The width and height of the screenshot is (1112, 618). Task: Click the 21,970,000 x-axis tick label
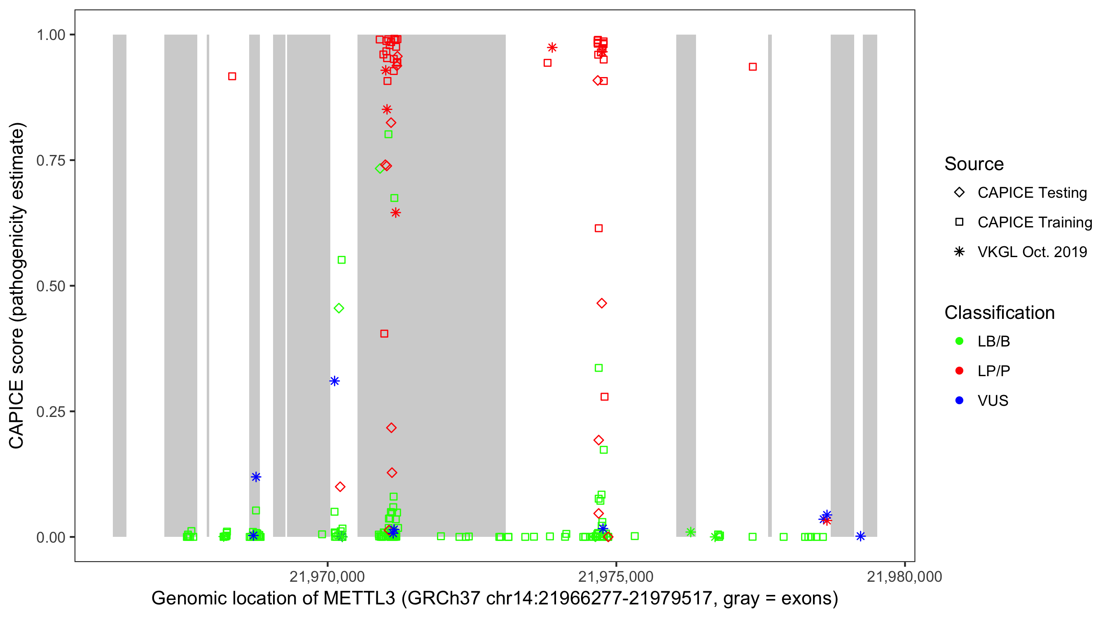click(x=327, y=576)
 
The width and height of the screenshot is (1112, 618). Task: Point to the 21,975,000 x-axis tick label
click(x=616, y=576)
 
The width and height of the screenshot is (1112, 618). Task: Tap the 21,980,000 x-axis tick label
click(x=904, y=576)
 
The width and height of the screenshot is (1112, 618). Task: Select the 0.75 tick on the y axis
click(x=50, y=160)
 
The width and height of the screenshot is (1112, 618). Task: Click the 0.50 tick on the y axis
click(x=50, y=286)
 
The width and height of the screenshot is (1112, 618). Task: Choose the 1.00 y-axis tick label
click(x=50, y=35)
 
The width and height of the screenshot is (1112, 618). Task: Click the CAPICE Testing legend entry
click(x=1032, y=193)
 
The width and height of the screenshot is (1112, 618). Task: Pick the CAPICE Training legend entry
click(x=1034, y=222)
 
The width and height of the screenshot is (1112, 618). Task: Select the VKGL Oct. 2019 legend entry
click(x=1032, y=252)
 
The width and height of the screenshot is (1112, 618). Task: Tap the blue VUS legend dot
click(x=959, y=400)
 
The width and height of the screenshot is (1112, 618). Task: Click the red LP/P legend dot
click(x=959, y=371)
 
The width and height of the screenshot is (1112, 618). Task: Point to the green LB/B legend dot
click(x=959, y=341)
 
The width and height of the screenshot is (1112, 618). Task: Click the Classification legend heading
click(x=999, y=313)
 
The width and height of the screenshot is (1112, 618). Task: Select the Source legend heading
click(x=974, y=164)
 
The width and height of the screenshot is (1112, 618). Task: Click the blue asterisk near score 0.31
click(x=334, y=381)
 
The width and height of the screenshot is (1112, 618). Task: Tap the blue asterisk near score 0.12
click(x=256, y=477)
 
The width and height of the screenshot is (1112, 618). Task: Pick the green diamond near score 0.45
click(x=339, y=308)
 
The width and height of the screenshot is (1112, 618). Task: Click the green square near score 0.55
click(x=341, y=260)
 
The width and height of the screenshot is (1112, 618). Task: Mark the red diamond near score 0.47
click(x=601, y=304)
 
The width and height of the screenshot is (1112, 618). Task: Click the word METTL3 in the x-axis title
click(x=359, y=599)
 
